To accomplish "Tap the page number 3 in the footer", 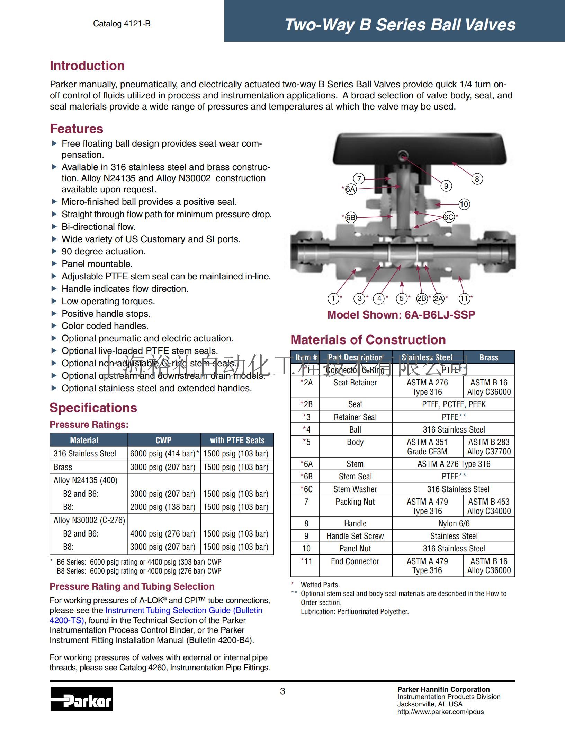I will click(x=282, y=691).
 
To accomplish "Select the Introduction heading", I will click(x=87, y=66).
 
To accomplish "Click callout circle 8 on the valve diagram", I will click(x=477, y=179).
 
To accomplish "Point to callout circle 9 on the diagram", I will click(x=446, y=186).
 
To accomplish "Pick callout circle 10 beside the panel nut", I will click(x=464, y=204).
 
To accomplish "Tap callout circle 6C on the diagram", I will click(x=449, y=217).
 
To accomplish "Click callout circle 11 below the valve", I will click(x=464, y=298).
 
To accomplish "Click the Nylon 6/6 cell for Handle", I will click(x=454, y=523).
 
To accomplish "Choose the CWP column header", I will click(x=163, y=440).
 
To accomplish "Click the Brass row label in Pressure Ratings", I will click(x=63, y=467).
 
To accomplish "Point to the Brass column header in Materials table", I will click(x=488, y=357).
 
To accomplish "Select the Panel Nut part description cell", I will click(x=355, y=549).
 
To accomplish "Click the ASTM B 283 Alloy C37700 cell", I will click(x=489, y=447).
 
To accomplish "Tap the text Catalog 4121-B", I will click(x=122, y=24).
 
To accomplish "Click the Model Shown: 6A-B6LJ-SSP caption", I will click(x=401, y=315).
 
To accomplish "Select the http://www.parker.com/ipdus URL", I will click(x=440, y=712).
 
